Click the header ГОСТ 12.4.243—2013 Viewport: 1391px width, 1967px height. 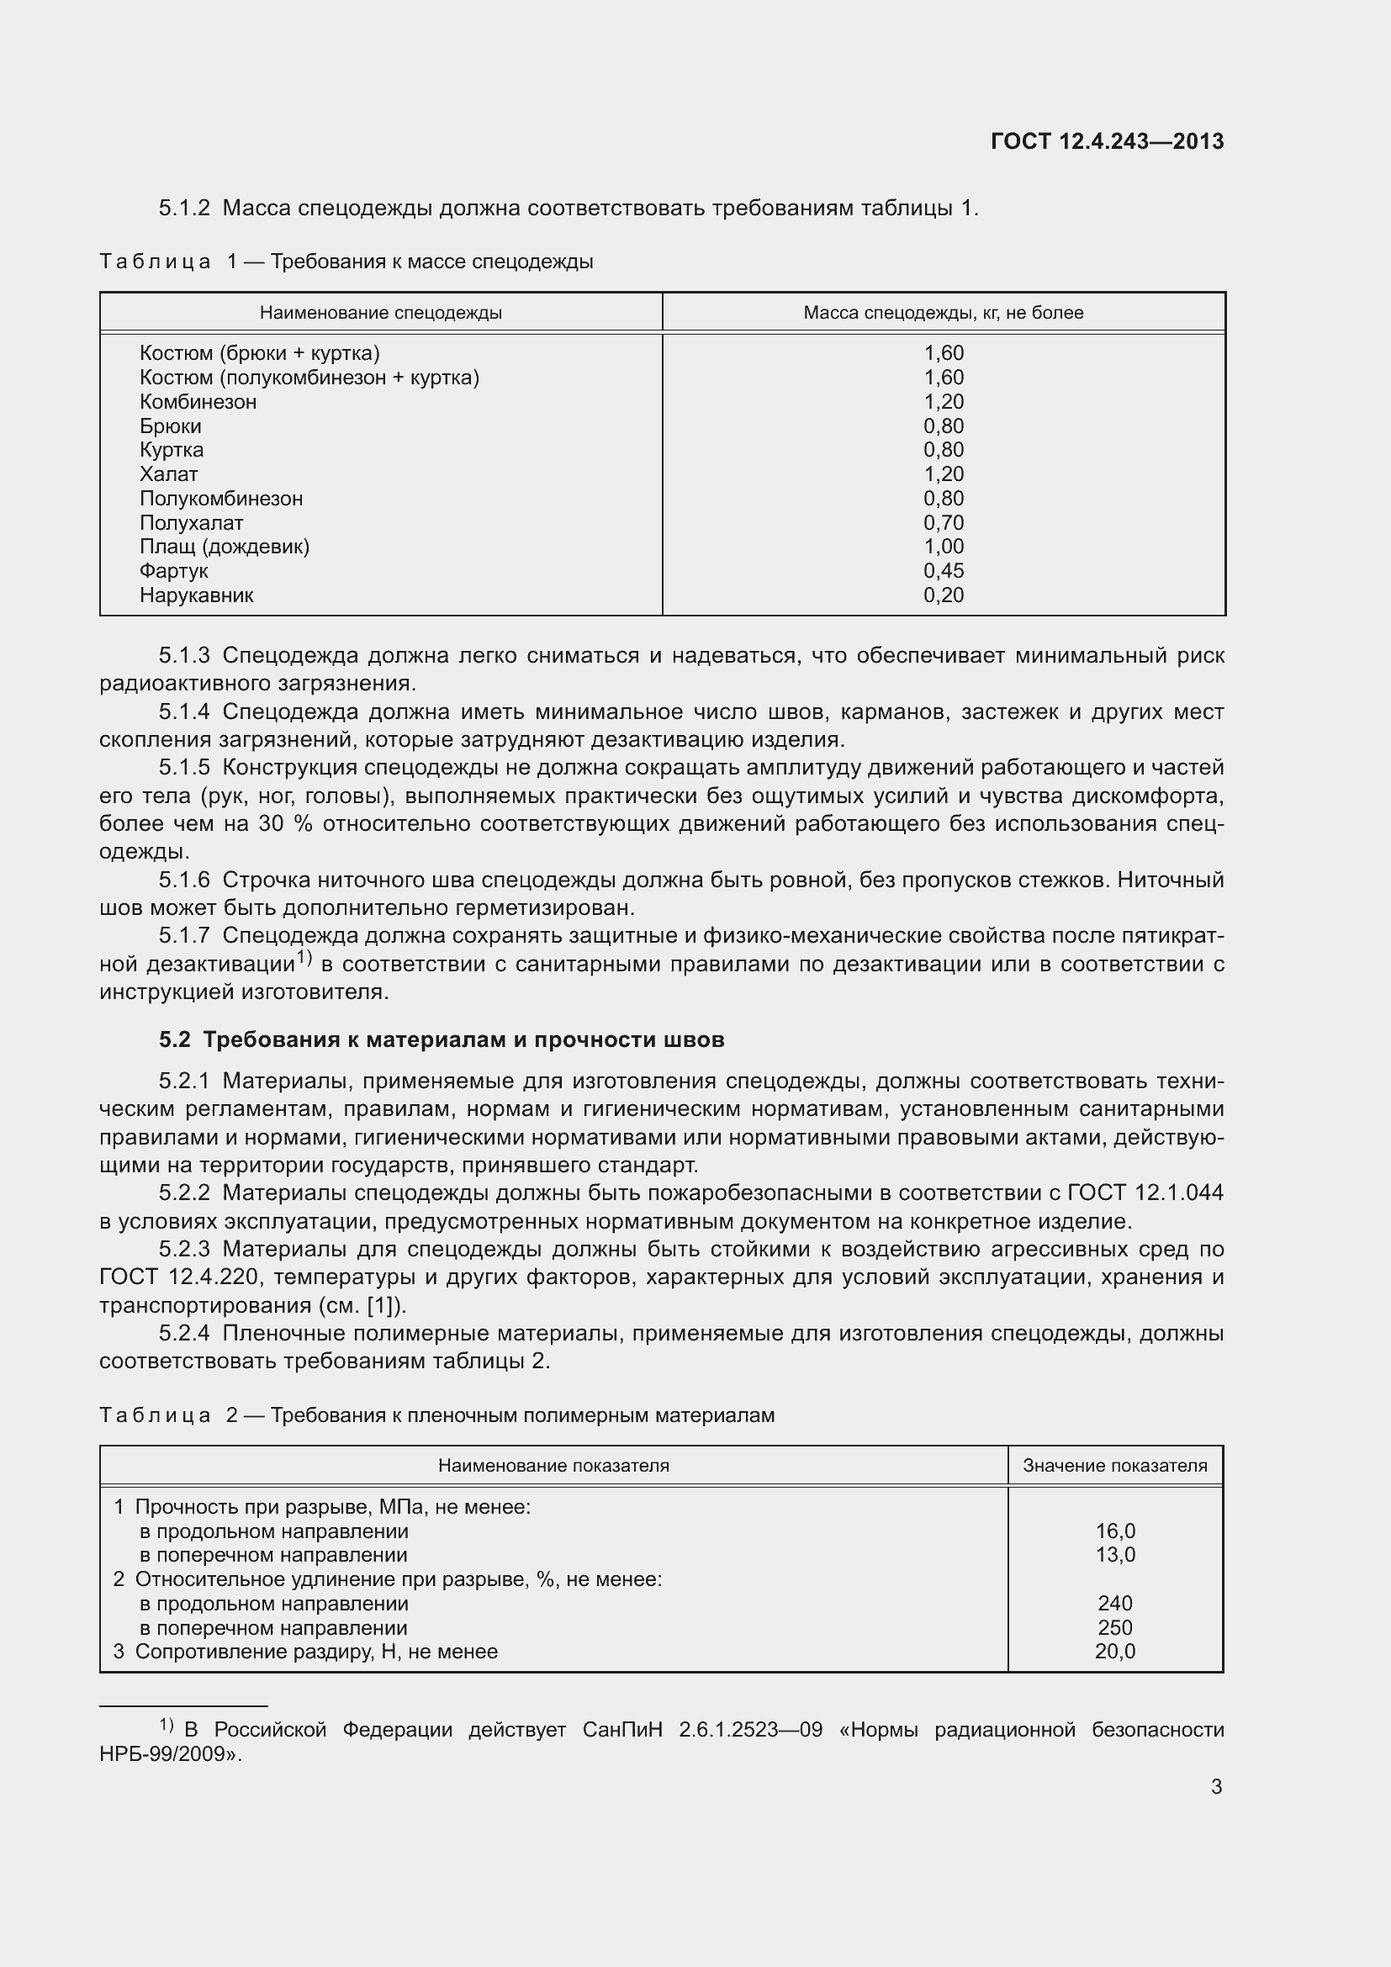click(x=1107, y=141)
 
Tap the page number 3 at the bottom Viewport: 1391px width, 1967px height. click(x=1216, y=1786)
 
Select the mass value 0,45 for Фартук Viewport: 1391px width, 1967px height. click(x=943, y=570)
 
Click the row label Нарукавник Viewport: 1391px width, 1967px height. click(x=196, y=595)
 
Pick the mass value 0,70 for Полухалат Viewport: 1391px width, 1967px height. click(x=943, y=522)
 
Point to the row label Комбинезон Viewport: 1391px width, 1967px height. click(x=198, y=402)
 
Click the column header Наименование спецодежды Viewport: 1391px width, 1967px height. click(x=380, y=313)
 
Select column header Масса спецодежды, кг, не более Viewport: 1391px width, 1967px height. click(x=943, y=313)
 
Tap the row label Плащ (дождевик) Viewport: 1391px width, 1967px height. click(x=225, y=547)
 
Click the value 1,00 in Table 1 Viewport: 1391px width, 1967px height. click(x=943, y=547)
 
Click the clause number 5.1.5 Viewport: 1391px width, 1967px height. click(x=184, y=768)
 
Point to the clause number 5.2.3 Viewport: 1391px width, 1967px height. click(x=184, y=1249)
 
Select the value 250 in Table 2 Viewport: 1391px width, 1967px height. click(x=1114, y=1628)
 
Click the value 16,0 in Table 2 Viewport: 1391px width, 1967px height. click(x=1114, y=1531)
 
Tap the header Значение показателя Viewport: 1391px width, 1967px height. click(x=1114, y=1466)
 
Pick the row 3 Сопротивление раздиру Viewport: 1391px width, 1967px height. click(x=306, y=1652)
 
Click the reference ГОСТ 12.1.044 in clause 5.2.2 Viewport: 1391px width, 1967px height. click(x=1145, y=1192)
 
